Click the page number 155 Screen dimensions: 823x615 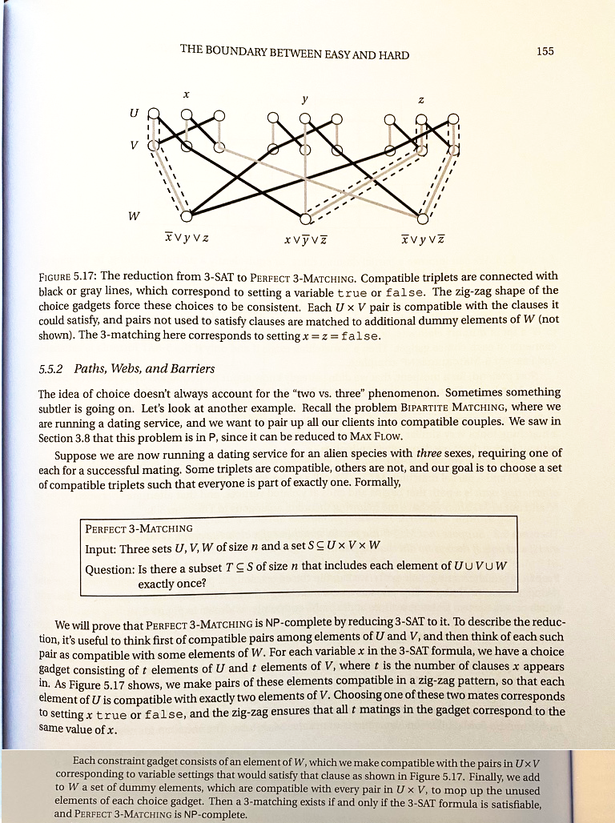pyautogui.click(x=545, y=52)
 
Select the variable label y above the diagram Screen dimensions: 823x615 pyautogui.click(x=305, y=99)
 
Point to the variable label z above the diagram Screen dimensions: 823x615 pyautogui.click(x=420, y=100)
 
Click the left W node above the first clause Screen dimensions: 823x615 pyautogui.click(x=186, y=216)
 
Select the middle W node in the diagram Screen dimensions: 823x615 pyautogui.click(x=304, y=217)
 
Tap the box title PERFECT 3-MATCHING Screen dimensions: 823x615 pyautogui.click(x=139, y=528)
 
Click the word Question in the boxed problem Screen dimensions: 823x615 pyautogui.click(x=111, y=569)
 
